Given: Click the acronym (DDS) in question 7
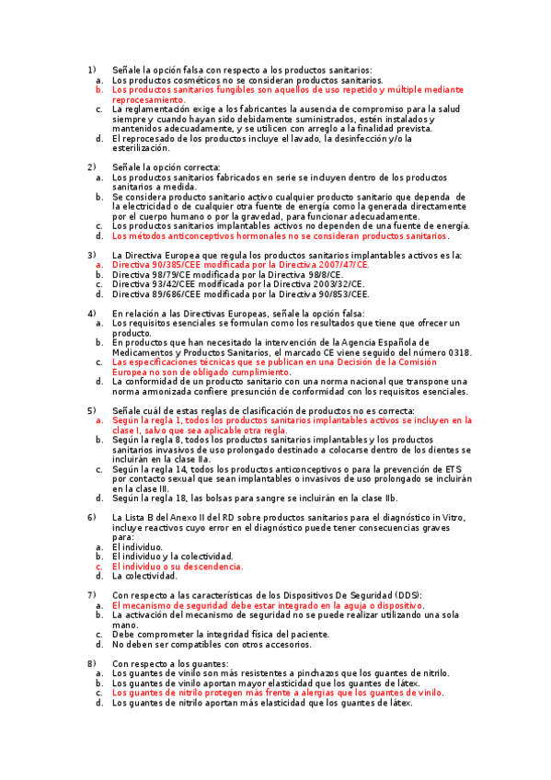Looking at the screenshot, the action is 407,596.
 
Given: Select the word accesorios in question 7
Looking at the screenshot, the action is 284,644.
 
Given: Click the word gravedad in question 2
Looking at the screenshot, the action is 282,215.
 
